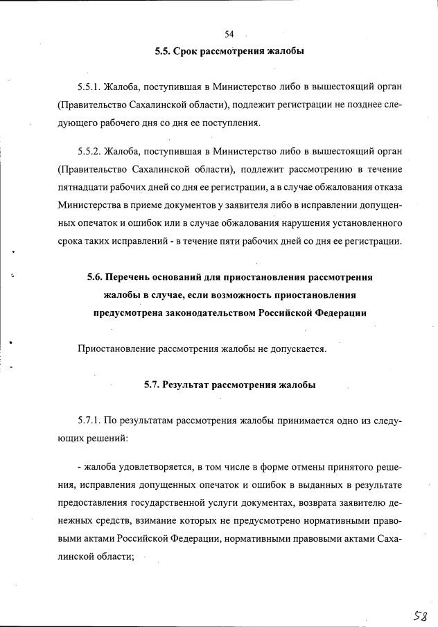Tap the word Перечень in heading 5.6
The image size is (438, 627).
tap(135, 277)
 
